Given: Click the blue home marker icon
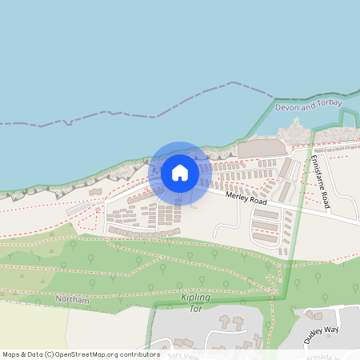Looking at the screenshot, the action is [180, 172].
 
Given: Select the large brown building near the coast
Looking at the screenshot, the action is [262, 149].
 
